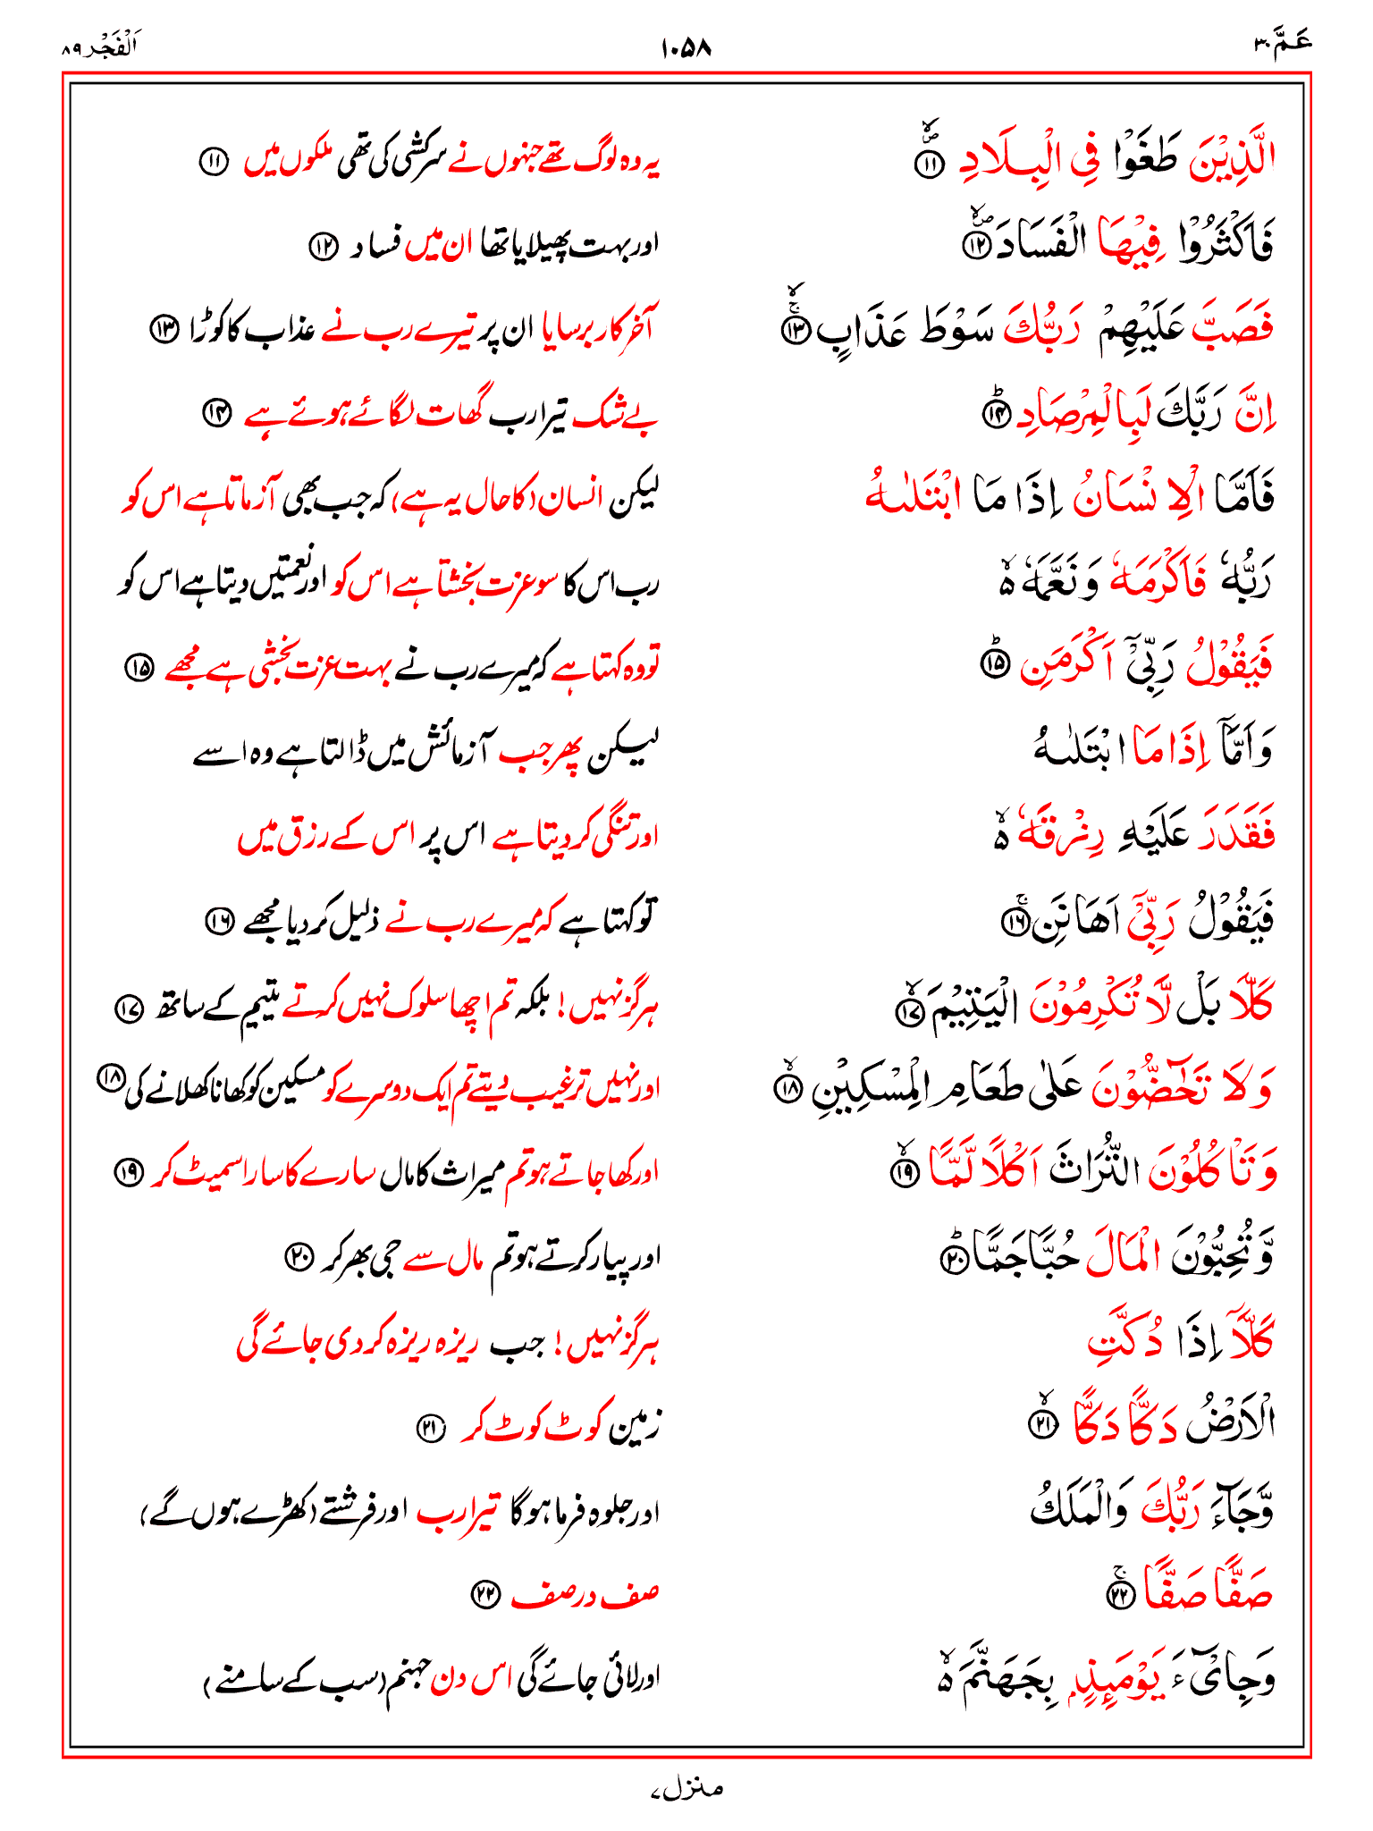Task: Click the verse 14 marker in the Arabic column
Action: tap(995, 414)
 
